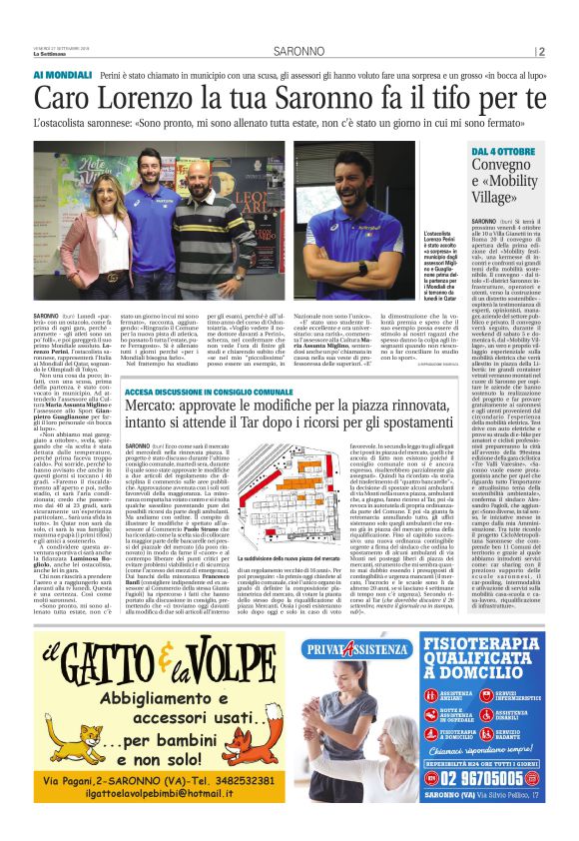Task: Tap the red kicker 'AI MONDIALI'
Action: coord(62,75)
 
